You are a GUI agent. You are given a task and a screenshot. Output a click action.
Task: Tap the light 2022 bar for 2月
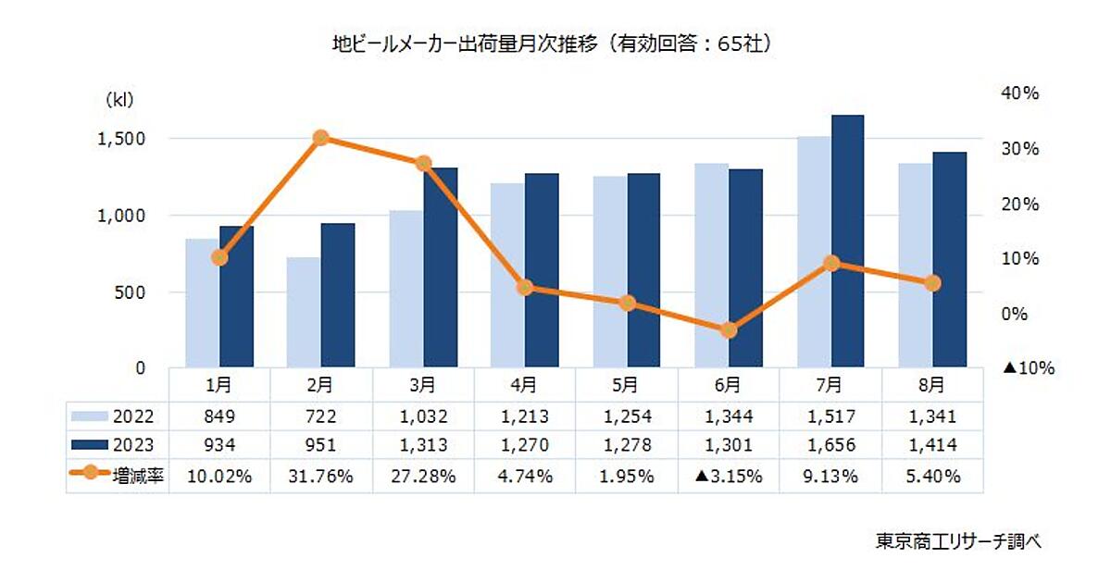point(304,312)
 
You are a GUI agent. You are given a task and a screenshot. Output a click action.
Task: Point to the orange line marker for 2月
point(321,138)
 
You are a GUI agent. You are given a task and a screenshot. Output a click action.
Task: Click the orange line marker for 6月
point(729,330)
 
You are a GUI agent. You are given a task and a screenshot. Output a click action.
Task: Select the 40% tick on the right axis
point(1021,93)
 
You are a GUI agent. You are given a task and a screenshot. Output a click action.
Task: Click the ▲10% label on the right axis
point(1029,367)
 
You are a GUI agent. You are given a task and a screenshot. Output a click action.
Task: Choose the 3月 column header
point(422,381)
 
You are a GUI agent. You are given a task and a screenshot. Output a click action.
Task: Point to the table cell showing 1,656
point(830,445)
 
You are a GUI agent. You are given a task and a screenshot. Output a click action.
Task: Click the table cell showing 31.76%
point(320,478)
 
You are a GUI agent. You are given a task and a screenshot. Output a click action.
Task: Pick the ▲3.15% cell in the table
point(728,478)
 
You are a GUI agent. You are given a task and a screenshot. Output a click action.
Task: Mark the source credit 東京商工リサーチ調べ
point(957,541)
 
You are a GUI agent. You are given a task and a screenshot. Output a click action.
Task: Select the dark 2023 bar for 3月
point(440,267)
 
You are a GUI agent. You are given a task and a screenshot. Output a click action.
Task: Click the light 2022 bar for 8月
point(915,266)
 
